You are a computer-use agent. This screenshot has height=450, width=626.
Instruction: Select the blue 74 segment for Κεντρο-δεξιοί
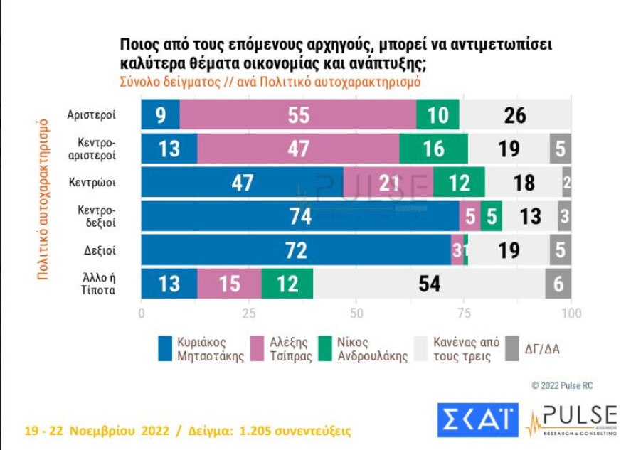click(x=299, y=216)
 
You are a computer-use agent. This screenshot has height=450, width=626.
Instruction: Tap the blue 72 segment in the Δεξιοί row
click(x=296, y=250)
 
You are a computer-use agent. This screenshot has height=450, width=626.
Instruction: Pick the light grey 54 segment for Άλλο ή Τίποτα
click(x=429, y=284)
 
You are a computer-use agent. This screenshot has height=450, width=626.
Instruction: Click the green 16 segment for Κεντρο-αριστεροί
click(x=433, y=148)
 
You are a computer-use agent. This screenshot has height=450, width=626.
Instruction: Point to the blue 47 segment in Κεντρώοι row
click(x=242, y=182)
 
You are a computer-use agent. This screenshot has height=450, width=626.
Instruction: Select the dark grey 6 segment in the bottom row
click(x=558, y=284)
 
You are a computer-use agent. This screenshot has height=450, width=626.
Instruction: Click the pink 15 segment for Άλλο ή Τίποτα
click(x=229, y=284)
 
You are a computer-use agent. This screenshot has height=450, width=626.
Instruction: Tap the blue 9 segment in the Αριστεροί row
click(x=160, y=114)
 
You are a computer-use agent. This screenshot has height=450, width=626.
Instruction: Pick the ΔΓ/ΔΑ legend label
click(x=543, y=348)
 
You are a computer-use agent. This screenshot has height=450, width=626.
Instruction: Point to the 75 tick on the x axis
click(x=464, y=314)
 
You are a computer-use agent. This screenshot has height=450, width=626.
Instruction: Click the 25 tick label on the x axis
click(x=249, y=314)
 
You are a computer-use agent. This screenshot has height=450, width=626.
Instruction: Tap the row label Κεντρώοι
click(x=92, y=182)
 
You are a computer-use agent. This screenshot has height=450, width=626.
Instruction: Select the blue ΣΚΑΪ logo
click(x=476, y=420)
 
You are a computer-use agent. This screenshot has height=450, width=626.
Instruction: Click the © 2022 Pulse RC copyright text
click(x=562, y=385)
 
